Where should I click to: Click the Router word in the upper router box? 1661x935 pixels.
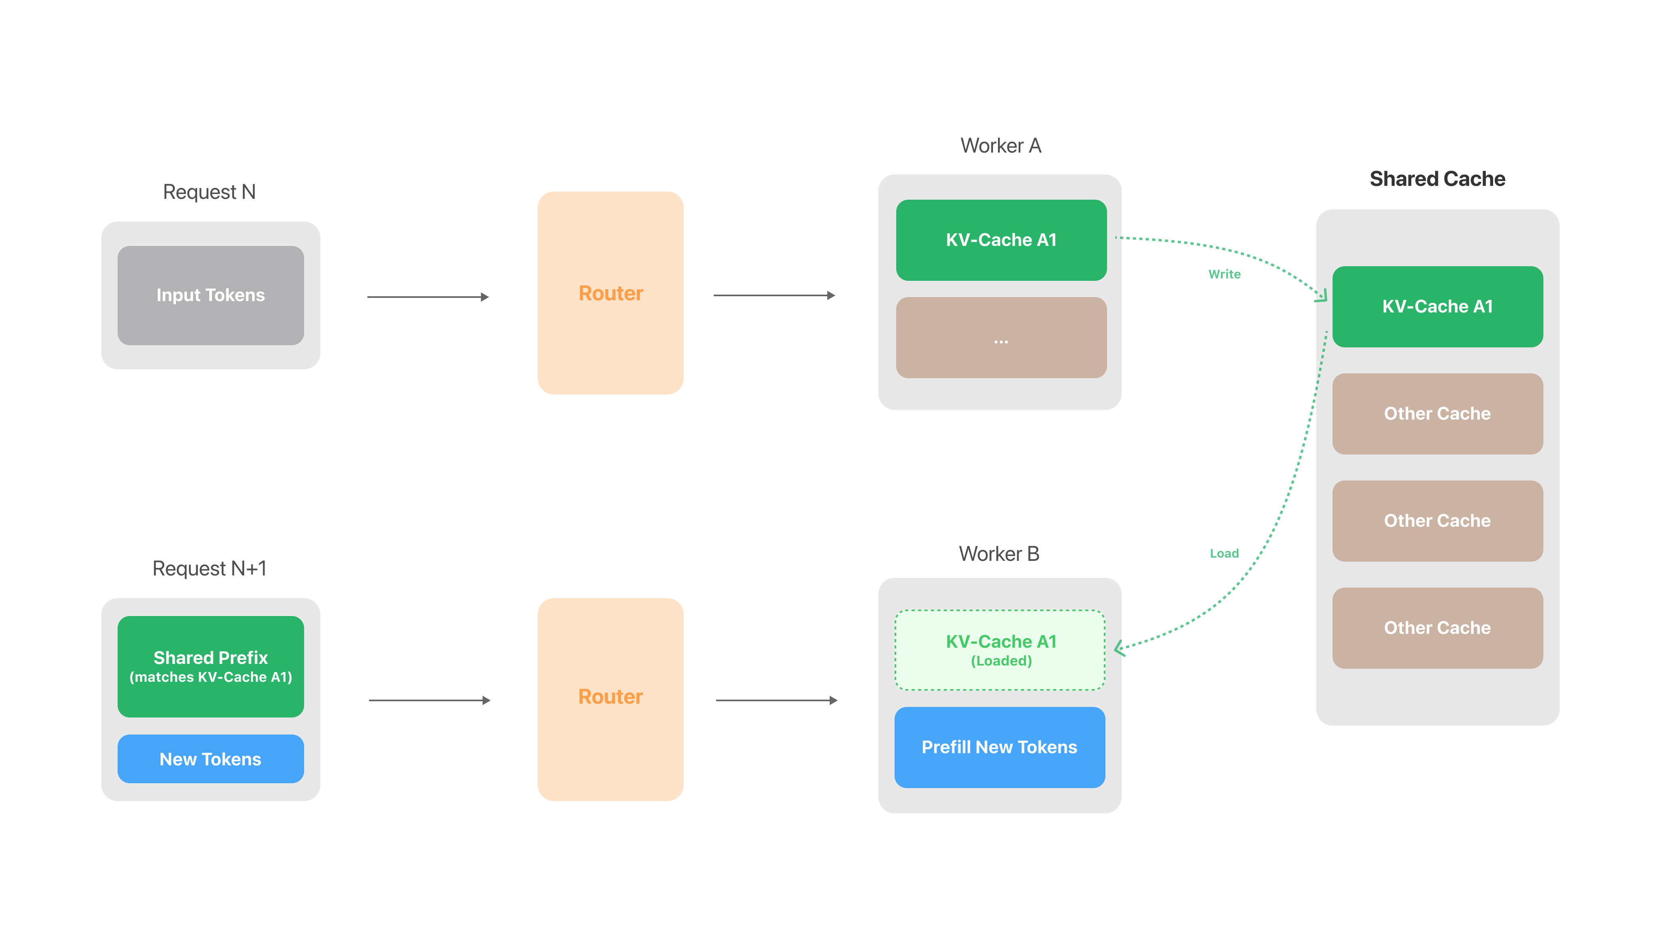(611, 293)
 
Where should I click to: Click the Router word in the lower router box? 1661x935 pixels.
(611, 697)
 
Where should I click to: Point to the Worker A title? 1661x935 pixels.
(1001, 146)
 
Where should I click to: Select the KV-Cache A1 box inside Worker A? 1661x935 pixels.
(1001, 240)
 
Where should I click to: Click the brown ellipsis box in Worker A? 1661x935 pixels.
(1001, 338)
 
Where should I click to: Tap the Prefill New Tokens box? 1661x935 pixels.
(1000, 747)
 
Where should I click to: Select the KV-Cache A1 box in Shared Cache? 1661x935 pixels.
(1438, 306)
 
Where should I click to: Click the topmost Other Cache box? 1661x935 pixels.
(1438, 414)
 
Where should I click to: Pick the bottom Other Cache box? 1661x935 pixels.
(1438, 628)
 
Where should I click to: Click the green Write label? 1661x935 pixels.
(1225, 274)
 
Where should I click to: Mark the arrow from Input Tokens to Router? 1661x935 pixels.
(428, 297)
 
